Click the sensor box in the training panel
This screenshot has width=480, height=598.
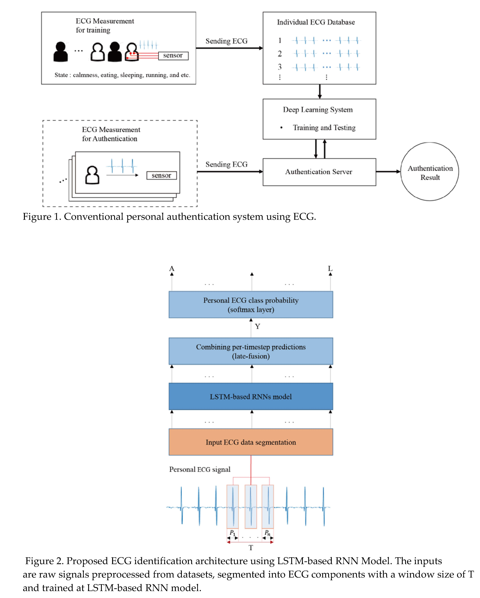(x=173, y=56)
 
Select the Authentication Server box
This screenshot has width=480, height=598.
(x=319, y=172)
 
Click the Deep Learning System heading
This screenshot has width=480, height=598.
(x=318, y=110)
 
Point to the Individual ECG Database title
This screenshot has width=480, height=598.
(x=316, y=22)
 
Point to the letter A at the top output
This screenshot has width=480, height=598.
(x=172, y=268)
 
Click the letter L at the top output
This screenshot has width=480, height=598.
(x=330, y=268)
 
